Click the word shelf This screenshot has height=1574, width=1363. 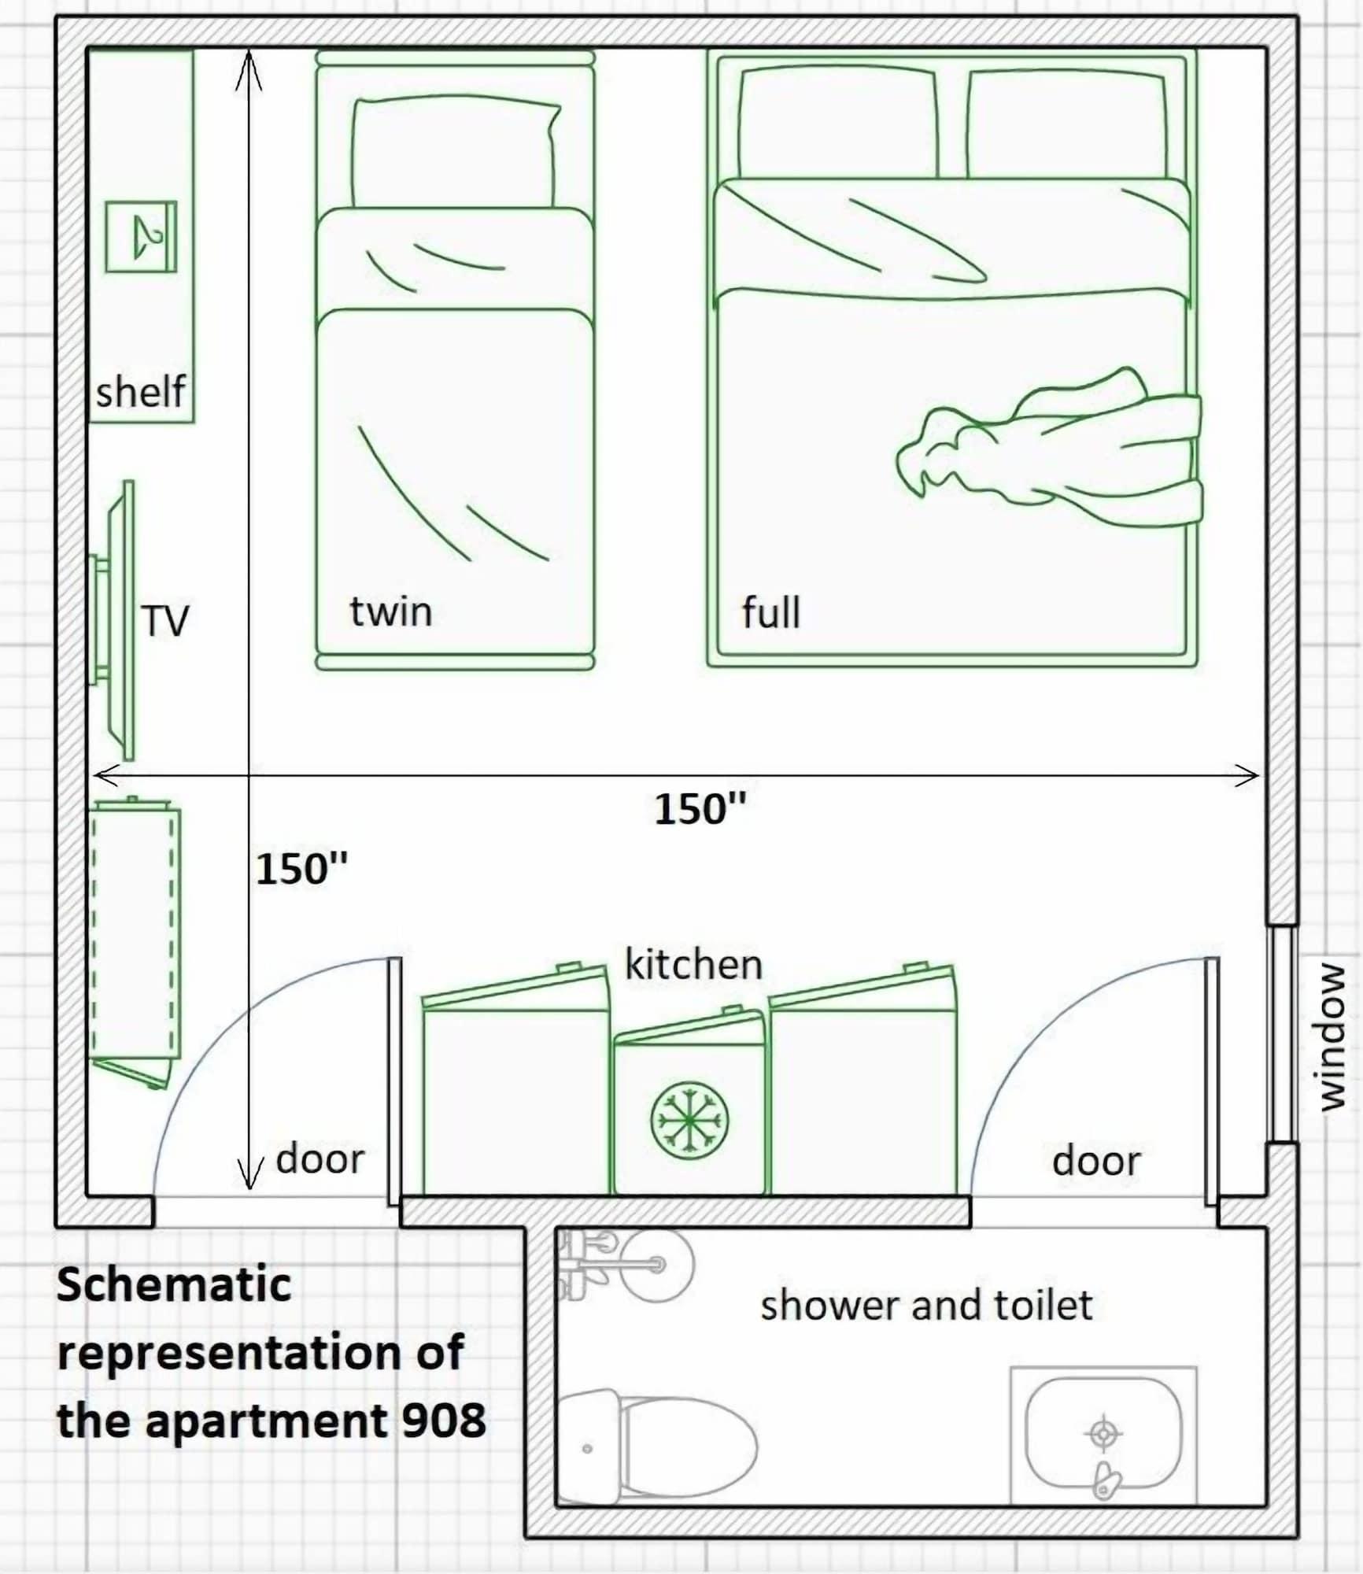click(140, 391)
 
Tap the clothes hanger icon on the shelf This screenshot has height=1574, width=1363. click(142, 237)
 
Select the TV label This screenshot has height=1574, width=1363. click(165, 621)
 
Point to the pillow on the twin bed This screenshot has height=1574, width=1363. click(455, 153)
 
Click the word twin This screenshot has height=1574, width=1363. click(391, 612)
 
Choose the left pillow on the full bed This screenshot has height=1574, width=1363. click(838, 123)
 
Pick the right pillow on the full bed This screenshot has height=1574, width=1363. click(1066, 124)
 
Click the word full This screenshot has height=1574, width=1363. click(771, 612)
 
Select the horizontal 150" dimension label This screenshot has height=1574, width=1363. click(700, 809)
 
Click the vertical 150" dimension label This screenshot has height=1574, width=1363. click(301, 870)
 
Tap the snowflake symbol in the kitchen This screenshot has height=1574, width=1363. click(689, 1120)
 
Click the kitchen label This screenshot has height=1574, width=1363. click(693, 965)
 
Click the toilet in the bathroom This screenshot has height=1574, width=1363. click(661, 1447)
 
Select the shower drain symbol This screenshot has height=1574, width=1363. click(1103, 1433)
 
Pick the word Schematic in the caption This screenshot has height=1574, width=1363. click(174, 1284)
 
